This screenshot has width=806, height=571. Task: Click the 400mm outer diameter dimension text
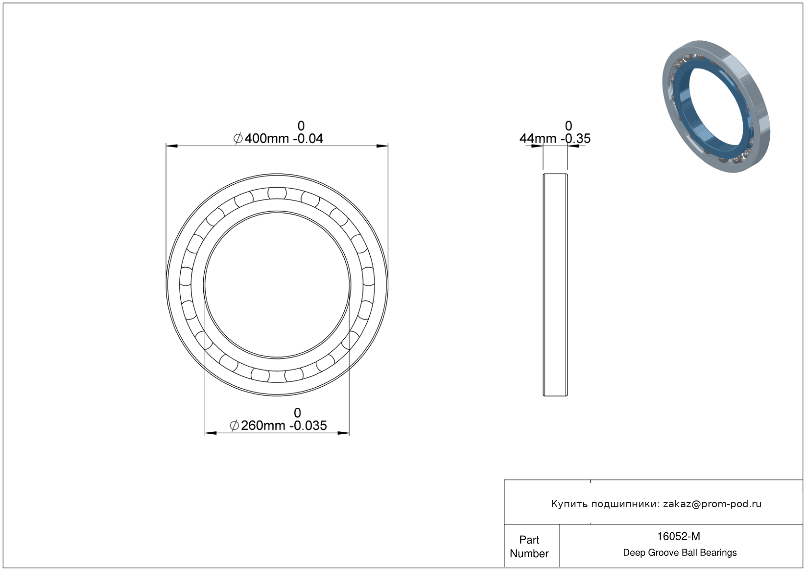click(x=267, y=138)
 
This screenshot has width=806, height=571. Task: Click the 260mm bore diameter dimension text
click(x=262, y=425)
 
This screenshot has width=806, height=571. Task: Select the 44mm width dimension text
click(x=538, y=138)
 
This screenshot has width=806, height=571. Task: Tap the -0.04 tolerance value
click(x=308, y=138)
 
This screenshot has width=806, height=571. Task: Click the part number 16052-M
click(x=679, y=536)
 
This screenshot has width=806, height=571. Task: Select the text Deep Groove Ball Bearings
click(x=680, y=552)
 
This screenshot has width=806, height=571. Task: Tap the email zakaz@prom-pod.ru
click(x=712, y=504)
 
